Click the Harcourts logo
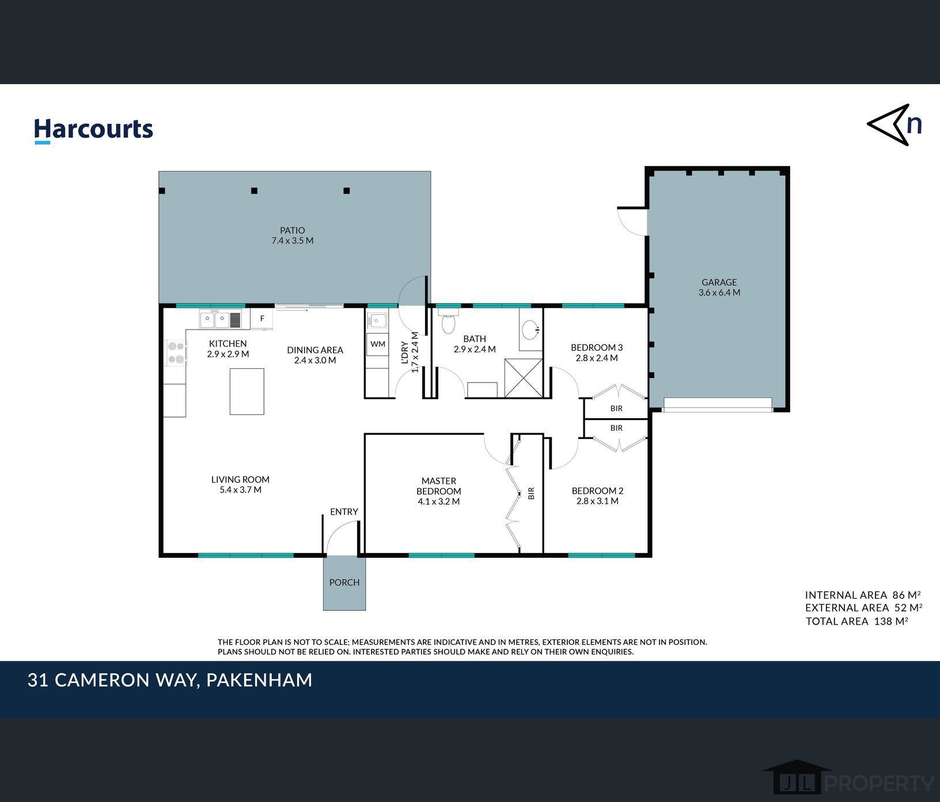tap(93, 130)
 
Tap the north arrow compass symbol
tap(894, 124)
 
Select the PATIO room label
tap(293, 230)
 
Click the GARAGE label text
tap(719, 282)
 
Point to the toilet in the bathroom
tap(448, 320)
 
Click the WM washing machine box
tap(378, 344)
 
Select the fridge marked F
tap(262, 318)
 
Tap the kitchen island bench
tap(247, 392)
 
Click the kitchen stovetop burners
tap(176, 353)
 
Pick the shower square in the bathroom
tap(524, 378)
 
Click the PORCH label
tap(344, 582)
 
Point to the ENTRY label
tap(344, 512)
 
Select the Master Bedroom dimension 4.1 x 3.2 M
tap(439, 502)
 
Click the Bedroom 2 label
tap(597, 491)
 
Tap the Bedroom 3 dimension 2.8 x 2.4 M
tap(597, 358)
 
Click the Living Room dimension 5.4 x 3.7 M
tap(240, 490)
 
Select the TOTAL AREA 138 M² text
tap(857, 621)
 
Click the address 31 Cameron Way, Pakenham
tap(170, 680)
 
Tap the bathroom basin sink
tap(530, 330)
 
